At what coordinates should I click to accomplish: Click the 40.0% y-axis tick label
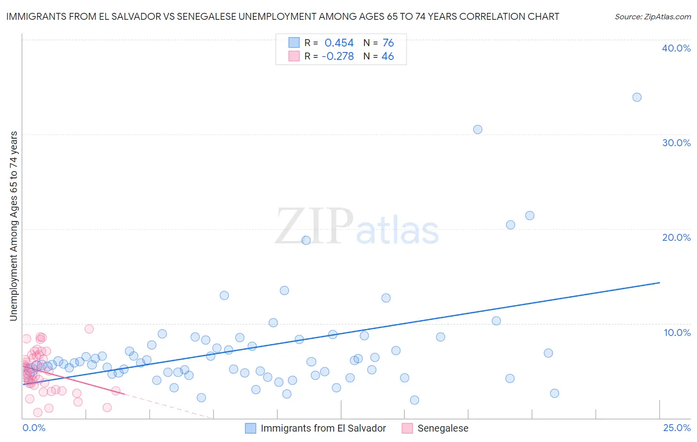[x=676, y=48]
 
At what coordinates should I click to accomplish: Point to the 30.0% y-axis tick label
[x=676, y=143]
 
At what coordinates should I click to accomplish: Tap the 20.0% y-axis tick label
[x=676, y=237]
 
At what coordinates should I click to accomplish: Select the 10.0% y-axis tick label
[x=677, y=332]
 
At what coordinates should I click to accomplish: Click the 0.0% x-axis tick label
[x=34, y=428]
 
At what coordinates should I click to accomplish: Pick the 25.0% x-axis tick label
[x=677, y=428]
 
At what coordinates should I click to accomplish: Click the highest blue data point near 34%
[x=637, y=97]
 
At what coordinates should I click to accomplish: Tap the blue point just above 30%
[x=477, y=129]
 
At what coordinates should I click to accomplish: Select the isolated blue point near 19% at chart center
[x=306, y=240]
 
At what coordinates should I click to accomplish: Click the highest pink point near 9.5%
[x=89, y=329]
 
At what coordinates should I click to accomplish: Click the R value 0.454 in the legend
[x=339, y=43]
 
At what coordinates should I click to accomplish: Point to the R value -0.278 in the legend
[x=338, y=56]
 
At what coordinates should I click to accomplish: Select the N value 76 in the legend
[x=388, y=43]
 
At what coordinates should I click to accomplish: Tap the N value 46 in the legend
[x=388, y=56]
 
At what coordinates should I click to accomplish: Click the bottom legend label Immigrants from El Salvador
[x=323, y=428]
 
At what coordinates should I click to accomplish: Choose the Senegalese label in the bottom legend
[x=443, y=428]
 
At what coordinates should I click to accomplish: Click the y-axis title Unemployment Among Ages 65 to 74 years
[x=14, y=226]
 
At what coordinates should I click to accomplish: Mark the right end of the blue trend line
[x=659, y=282]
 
